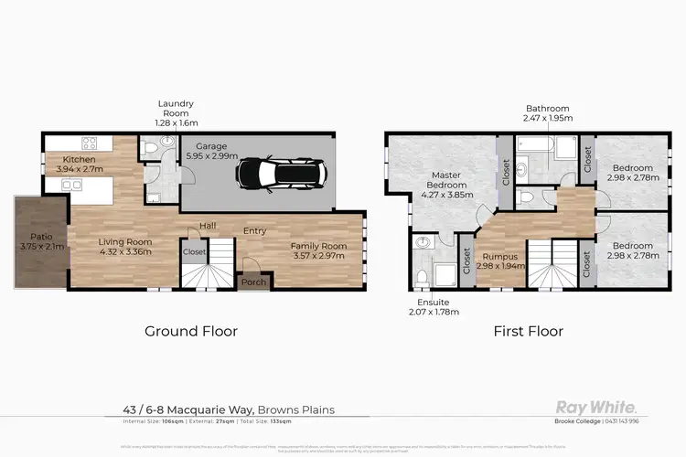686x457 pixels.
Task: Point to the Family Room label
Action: point(318,246)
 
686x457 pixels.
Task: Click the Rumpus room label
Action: point(499,257)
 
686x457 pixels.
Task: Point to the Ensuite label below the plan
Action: point(426,304)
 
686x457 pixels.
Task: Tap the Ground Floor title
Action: point(191,331)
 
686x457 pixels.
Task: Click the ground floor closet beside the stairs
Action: point(194,251)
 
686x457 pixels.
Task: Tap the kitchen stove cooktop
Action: point(91,143)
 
